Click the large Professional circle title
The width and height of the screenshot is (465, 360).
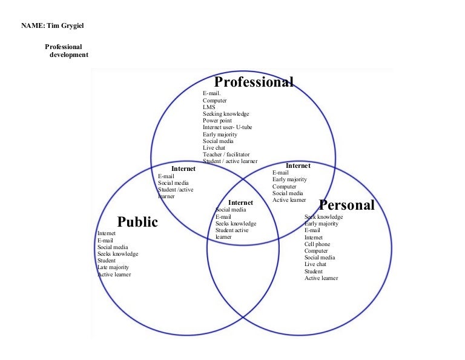click(x=254, y=82)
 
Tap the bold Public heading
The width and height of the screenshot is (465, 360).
click(x=137, y=222)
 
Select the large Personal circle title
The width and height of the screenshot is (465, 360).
click(x=347, y=205)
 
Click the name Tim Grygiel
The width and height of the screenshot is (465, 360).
click(x=65, y=25)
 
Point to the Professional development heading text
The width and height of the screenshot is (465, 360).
click(x=67, y=51)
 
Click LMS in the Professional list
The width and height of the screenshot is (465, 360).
click(x=209, y=107)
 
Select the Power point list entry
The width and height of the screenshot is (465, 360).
click(x=217, y=121)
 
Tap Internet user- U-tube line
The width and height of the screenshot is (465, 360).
click(x=228, y=127)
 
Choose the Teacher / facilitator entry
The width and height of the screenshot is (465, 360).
click(x=226, y=155)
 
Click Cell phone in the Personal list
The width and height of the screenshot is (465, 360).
click(x=317, y=244)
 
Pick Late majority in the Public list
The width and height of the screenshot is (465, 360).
click(x=113, y=267)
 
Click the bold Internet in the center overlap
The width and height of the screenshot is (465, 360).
click(x=240, y=202)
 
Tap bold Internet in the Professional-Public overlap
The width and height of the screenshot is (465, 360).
click(x=183, y=168)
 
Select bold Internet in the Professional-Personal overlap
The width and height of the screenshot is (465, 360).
click(x=298, y=165)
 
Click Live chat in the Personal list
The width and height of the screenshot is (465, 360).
click(x=315, y=264)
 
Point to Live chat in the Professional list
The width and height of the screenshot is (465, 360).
click(x=214, y=147)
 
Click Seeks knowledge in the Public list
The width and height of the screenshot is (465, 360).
click(x=117, y=254)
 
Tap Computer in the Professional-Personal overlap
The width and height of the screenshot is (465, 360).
click(x=285, y=187)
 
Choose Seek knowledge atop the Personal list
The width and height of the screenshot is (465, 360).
click(x=323, y=217)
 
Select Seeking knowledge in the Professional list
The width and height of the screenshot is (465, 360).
click(x=226, y=114)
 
